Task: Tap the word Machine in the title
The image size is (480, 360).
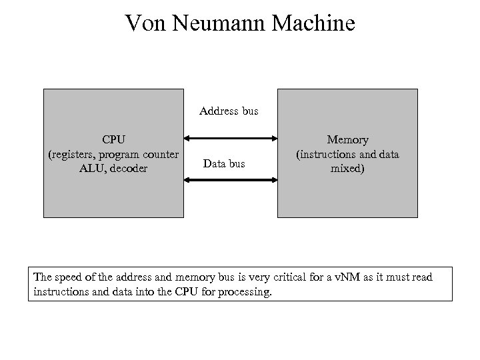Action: pyautogui.click(x=312, y=24)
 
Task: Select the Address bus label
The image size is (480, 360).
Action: pyautogui.click(x=229, y=111)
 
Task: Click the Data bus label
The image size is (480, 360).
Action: pyautogui.click(x=224, y=163)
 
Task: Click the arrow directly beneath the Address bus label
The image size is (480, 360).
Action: pyautogui.click(x=231, y=139)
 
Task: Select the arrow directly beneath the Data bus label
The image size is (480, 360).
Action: pyautogui.click(x=231, y=180)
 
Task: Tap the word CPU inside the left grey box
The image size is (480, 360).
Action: pyautogui.click(x=113, y=140)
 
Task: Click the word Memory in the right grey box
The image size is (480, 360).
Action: pyautogui.click(x=347, y=140)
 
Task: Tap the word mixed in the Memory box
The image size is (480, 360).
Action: pyautogui.click(x=348, y=169)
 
